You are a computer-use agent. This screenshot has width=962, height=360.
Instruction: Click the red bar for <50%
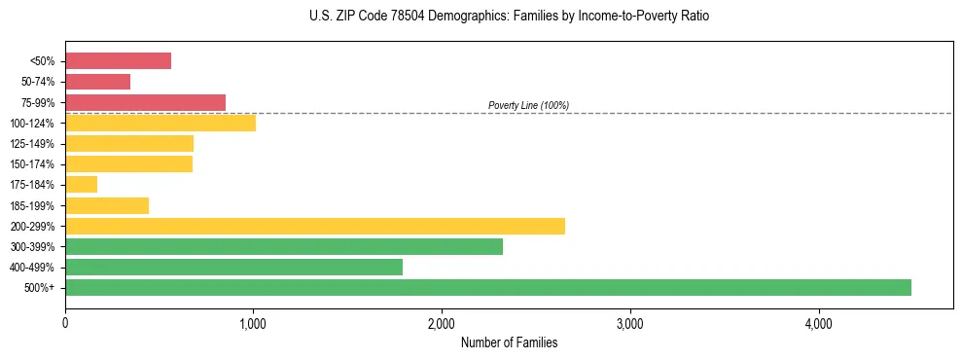(118, 61)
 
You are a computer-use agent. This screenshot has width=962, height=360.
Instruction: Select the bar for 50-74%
(97, 82)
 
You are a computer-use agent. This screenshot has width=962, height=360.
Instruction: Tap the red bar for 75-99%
(145, 102)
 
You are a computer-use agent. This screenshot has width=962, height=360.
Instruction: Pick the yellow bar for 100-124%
(160, 123)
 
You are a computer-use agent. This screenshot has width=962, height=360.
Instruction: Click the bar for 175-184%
(81, 185)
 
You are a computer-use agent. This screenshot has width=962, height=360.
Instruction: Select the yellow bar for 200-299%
(314, 226)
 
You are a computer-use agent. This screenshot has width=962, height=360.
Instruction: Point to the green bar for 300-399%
(284, 247)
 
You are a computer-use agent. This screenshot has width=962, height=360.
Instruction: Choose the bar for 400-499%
(233, 268)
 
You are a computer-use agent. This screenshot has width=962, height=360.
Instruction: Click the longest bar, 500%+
(487, 288)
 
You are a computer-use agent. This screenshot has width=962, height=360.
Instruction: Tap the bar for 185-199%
(107, 205)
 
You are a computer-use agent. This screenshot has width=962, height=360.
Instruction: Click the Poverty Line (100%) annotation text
(528, 105)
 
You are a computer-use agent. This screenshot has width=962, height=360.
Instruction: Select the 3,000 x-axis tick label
(630, 324)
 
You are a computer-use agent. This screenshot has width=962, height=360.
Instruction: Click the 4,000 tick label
(818, 324)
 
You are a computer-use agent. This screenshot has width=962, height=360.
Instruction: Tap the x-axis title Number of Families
(509, 343)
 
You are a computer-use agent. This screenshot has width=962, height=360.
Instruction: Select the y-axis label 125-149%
(32, 144)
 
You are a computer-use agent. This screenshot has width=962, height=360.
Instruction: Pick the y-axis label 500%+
(38, 288)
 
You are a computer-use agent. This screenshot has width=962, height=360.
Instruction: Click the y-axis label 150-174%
(32, 164)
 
